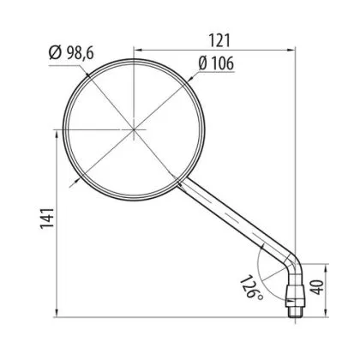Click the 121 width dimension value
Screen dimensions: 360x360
click(219, 41)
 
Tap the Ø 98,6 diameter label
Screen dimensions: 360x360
click(71, 53)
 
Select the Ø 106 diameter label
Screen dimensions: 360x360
click(216, 63)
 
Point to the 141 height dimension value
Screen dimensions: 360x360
click(47, 219)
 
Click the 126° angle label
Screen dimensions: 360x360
click(251, 287)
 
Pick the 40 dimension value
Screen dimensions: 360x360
click(317, 287)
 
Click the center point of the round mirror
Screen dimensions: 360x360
click(134, 129)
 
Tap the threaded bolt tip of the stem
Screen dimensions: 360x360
click(295, 311)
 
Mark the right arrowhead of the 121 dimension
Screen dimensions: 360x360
click(291, 51)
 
